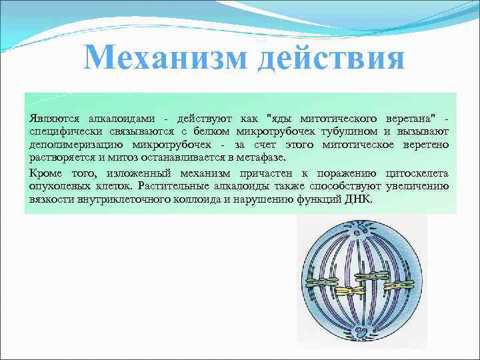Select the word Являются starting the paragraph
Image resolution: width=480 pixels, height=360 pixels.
point(50,117)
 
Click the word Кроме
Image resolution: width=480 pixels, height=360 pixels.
point(43,173)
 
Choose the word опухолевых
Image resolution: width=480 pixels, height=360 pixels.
point(58,186)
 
